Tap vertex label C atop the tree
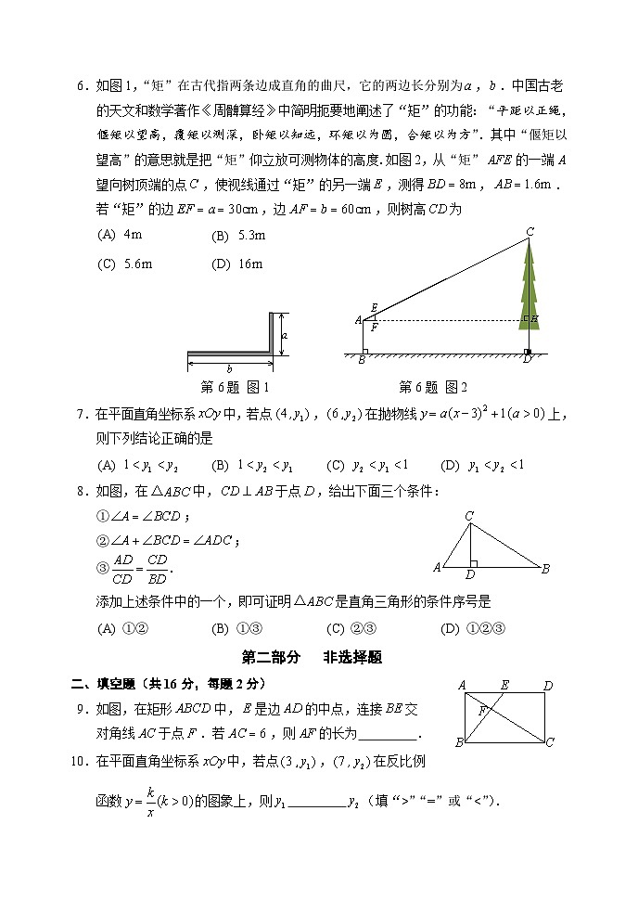pyautogui.click(x=530, y=231)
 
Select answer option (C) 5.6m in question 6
pyautogui.click(x=124, y=264)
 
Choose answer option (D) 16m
pyautogui.click(x=237, y=264)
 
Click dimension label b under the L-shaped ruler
pyautogui.click(x=229, y=368)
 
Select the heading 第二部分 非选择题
pyautogui.click(x=312, y=657)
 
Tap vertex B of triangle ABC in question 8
pyautogui.click(x=546, y=568)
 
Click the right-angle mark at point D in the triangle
pyautogui.click(x=474, y=562)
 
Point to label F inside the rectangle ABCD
pyautogui.click(x=482, y=711)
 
